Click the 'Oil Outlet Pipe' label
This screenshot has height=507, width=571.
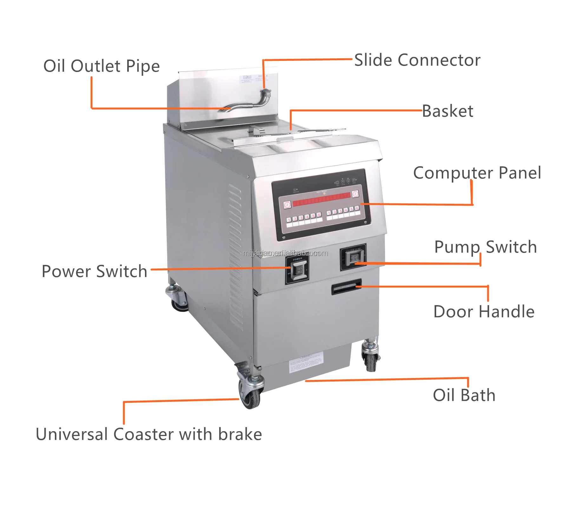pyautogui.click(x=102, y=66)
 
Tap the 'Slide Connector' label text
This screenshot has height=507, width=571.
pyautogui.click(x=417, y=60)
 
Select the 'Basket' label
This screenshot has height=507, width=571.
pyautogui.click(x=448, y=111)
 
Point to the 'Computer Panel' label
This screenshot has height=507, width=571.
pyautogui.click(x=477, y=173)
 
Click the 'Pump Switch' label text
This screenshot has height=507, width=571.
pyautogui.click(x=485, y=247)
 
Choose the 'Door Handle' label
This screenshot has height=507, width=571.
pyautogui.click(x=484, y=311)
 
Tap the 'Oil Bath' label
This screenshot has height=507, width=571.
pyautogui.click(x=464, y=395)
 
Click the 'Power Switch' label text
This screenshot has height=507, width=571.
pyautogui.click(x=95, y=272)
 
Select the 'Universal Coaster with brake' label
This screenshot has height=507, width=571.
pyautogui.click(x=149, y=434)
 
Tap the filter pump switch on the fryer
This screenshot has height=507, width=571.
pyautogui.click(x=353, y=258)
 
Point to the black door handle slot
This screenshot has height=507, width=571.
pyautogui.click(x=346, y=287)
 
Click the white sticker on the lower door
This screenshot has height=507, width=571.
pyautogui.click(x=306, y=363)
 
